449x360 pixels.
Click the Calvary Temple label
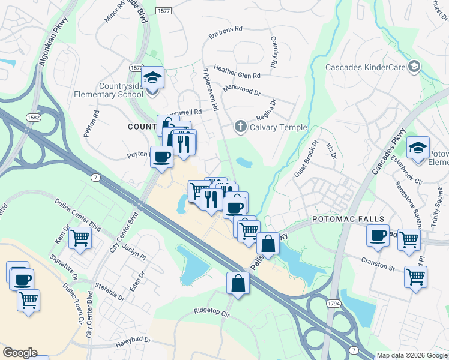(x=278, y=127)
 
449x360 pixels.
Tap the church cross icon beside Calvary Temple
(x=240, y=127)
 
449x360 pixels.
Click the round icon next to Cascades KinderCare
(x=414, y=66)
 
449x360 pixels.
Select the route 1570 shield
(x=137, y=68)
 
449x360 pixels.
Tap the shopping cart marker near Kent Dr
(x=80, y=238)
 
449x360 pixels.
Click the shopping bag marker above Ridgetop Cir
(x=238, y=283)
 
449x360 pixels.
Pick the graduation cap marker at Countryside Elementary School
(x=152, y=78)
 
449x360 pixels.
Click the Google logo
(x=20, y=353)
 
